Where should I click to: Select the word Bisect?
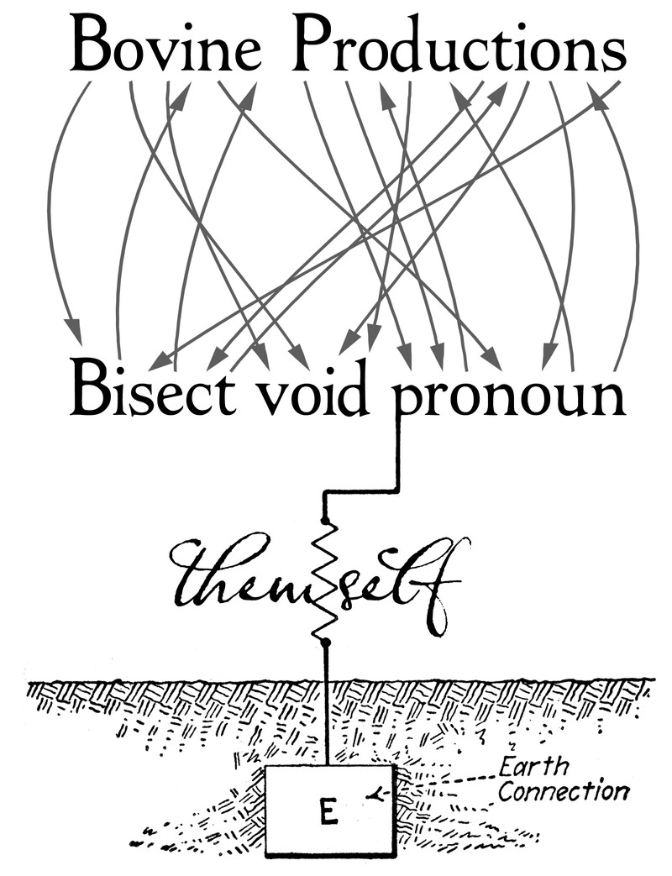point(152,391)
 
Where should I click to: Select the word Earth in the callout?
point(533,766)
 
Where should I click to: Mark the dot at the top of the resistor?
point(325,522)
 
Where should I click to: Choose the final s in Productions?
point(614,52)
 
